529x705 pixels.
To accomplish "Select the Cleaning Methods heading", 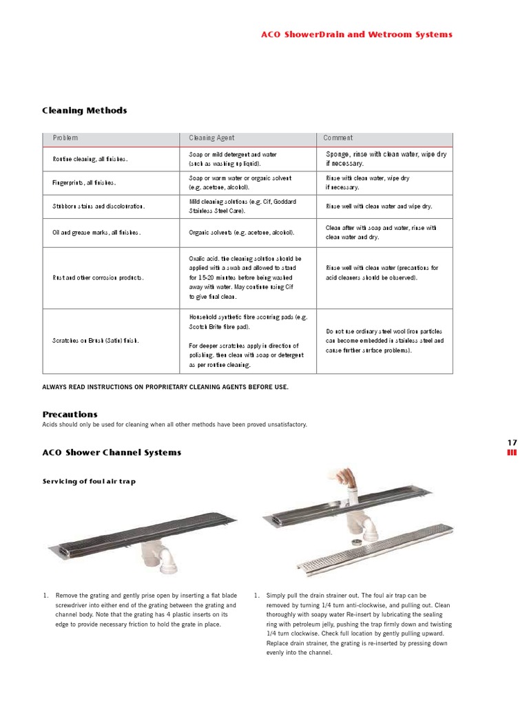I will pos(84,110).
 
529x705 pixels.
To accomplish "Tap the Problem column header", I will pos(65,138).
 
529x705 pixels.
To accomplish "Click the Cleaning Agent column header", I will pos(211,138).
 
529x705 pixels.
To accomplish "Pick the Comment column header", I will pos(338,138).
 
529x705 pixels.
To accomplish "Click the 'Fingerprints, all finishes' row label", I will pos(85,183).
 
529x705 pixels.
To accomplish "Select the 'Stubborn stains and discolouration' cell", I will pos(98,206).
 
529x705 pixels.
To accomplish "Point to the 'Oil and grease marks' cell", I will pos(96,233).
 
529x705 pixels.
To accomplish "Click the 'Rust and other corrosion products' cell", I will pos(98,277).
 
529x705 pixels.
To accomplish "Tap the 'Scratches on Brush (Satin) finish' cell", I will pos(96,341).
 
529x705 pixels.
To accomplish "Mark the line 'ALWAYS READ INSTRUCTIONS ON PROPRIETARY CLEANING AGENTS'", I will pos(165,387).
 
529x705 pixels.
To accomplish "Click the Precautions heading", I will pos(70,414).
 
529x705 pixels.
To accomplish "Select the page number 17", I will pos(512,442).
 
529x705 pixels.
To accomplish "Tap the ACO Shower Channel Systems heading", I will pos(112,452).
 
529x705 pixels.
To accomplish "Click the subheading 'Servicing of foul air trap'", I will pos(89,481).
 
